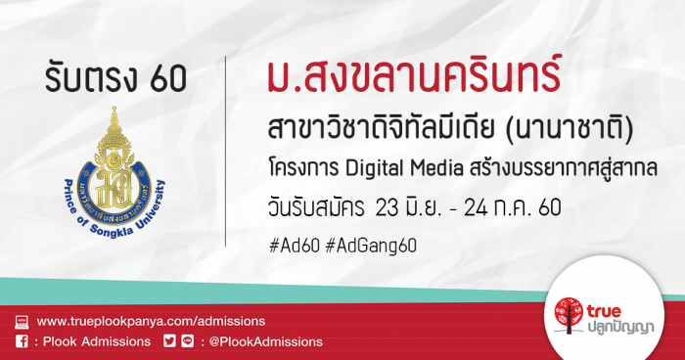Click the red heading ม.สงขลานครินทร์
point(414,77)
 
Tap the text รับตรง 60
point(115,78)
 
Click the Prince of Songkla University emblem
point(114,172)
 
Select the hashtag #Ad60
point(295,246)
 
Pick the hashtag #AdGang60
point(371,246)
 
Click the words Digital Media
point(404,169)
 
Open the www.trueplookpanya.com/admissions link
point(151,321)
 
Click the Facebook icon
point(22,341)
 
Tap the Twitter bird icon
point(169,340)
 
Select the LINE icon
point(188,340)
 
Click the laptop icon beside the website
point(22,322)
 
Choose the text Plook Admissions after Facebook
point(97,341)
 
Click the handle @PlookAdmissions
point(265,341)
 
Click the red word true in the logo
point(604,311)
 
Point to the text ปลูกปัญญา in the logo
point(619,327)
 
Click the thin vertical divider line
point(225,152)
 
